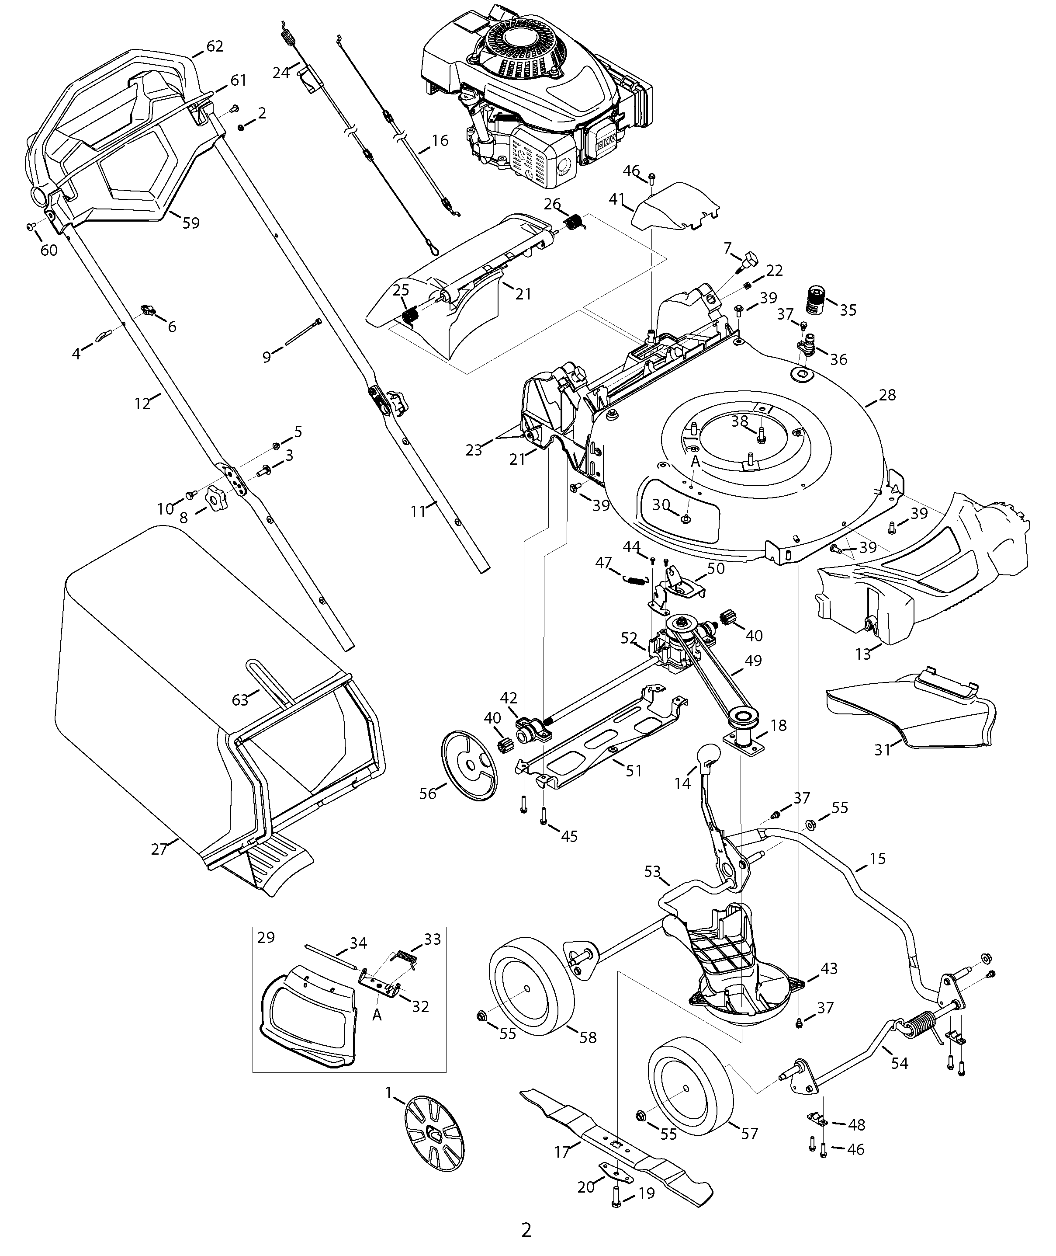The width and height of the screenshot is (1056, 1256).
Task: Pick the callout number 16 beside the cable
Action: click(x=440, y=141)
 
